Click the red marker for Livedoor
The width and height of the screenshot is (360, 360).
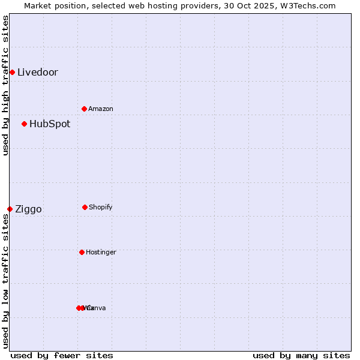12,73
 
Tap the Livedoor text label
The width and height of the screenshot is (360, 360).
37,73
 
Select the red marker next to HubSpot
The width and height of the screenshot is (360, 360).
24,124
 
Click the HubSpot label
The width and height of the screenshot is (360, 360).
49,124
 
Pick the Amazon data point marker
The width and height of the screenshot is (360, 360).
84,109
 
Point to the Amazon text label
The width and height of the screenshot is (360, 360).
100,109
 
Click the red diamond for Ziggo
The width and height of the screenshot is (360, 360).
10,209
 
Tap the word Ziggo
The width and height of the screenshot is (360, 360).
28,209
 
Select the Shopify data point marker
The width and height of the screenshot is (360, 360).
85,207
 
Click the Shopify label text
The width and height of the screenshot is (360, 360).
100,208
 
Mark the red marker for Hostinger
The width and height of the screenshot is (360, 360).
82,252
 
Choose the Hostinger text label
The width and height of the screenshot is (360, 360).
101,253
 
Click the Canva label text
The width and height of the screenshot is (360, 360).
97,308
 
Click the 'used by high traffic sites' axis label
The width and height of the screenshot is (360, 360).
5,85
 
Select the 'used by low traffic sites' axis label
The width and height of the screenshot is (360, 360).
5,281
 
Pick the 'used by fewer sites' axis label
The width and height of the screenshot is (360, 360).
62,355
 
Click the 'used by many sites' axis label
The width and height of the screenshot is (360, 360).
301,355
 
